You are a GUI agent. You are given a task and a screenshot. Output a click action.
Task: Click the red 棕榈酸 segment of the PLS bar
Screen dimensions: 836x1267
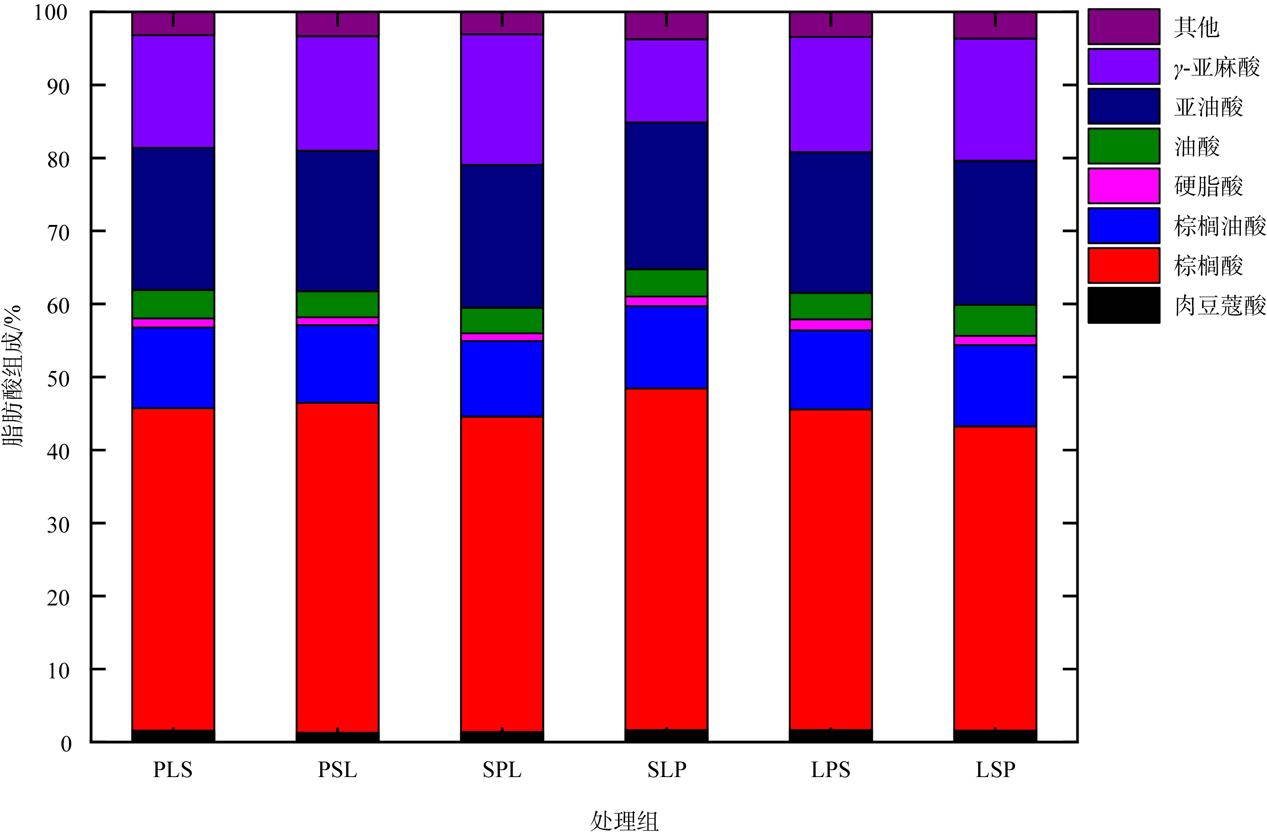click(x=173, y=569)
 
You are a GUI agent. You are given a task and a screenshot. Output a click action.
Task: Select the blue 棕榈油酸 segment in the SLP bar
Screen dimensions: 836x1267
click(x=666, y=347)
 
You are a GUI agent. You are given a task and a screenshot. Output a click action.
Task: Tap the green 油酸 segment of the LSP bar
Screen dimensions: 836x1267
click(x=995, y=320)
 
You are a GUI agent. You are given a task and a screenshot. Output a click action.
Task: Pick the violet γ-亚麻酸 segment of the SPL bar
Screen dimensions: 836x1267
click(x=502, y=100)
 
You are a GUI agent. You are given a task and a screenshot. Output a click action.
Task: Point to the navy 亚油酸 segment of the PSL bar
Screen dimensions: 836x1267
click(x=337, y=221)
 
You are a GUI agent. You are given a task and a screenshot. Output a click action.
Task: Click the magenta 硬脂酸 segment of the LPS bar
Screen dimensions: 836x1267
click(x=830, y=325)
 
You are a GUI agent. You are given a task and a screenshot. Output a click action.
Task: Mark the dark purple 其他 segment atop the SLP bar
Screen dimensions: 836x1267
click(x=666, y=26)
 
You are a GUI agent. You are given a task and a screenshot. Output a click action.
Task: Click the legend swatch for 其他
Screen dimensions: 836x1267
click(x=1124, y=26)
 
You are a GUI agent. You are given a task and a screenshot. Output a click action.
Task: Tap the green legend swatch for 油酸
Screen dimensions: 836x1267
click(x=1124, y=145)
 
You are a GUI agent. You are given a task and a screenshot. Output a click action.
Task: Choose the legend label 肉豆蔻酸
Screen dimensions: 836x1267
click(x=1220, y=306)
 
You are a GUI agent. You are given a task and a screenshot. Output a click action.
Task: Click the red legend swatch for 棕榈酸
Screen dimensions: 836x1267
click(x=1124, y=265)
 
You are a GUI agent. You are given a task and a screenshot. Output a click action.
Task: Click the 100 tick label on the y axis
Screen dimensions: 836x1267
click(x=51, y=13)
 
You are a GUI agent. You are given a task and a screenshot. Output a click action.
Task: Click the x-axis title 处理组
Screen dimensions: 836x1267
click(x=624, y=820)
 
